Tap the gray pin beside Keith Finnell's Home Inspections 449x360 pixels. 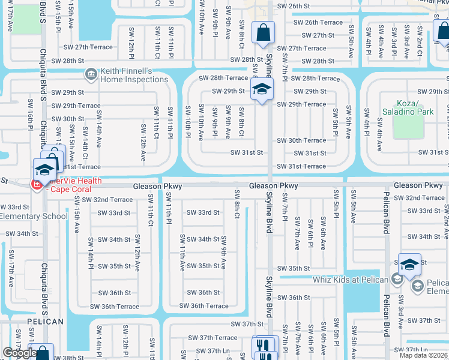coord(91,74)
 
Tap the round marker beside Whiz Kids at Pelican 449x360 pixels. coord(396,279)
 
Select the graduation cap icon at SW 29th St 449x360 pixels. coord(262,89)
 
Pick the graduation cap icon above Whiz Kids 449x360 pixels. coord(409,265)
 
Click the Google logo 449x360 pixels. coord(20,353)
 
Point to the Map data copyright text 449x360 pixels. coord(424,355)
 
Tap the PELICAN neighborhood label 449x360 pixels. coord(45,322)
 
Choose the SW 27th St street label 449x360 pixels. coord(319,35)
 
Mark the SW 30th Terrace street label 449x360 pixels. coord(301,140)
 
